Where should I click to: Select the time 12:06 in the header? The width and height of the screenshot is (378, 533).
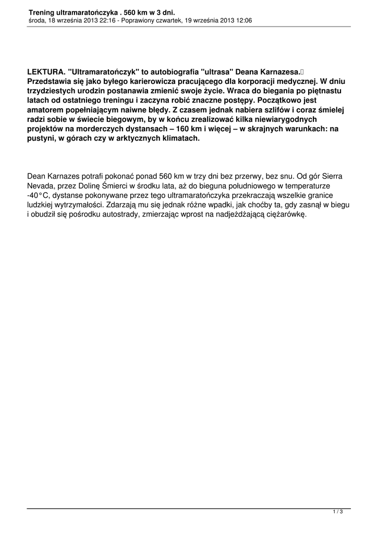pyautogui.click(x=242, y=20)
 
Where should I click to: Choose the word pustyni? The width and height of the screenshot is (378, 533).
pyautogui.click(x=41, y=139)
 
